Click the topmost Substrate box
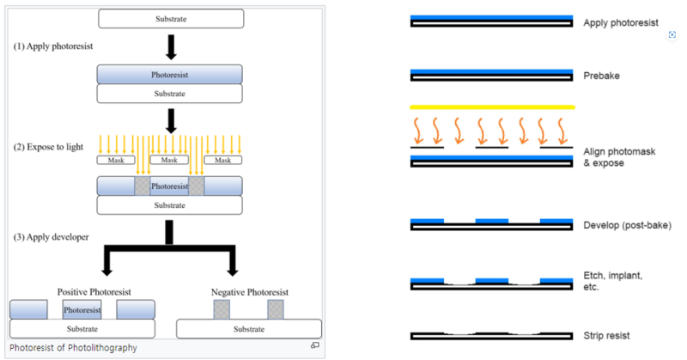(171, 19)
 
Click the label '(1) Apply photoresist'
(53, 46)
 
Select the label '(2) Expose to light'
(48, 147)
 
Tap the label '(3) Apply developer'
(51, 237)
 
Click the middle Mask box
(169, 160)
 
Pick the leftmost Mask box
(116, 160)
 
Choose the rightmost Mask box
(222, 160)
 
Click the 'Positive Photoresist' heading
(94, 292)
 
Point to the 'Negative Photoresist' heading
(250, 292)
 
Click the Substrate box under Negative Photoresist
(249, 329)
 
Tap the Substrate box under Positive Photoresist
(82, 329)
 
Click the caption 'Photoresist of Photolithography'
(73, 348)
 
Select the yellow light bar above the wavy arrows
(492, 107)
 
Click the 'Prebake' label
(602, 76)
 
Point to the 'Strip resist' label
(606, 336)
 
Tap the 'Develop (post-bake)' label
(628, 225)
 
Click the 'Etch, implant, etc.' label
(612, 281)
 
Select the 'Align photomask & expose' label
(619, 157)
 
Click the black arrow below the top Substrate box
(171, 47)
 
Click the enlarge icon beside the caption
(315, 345)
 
